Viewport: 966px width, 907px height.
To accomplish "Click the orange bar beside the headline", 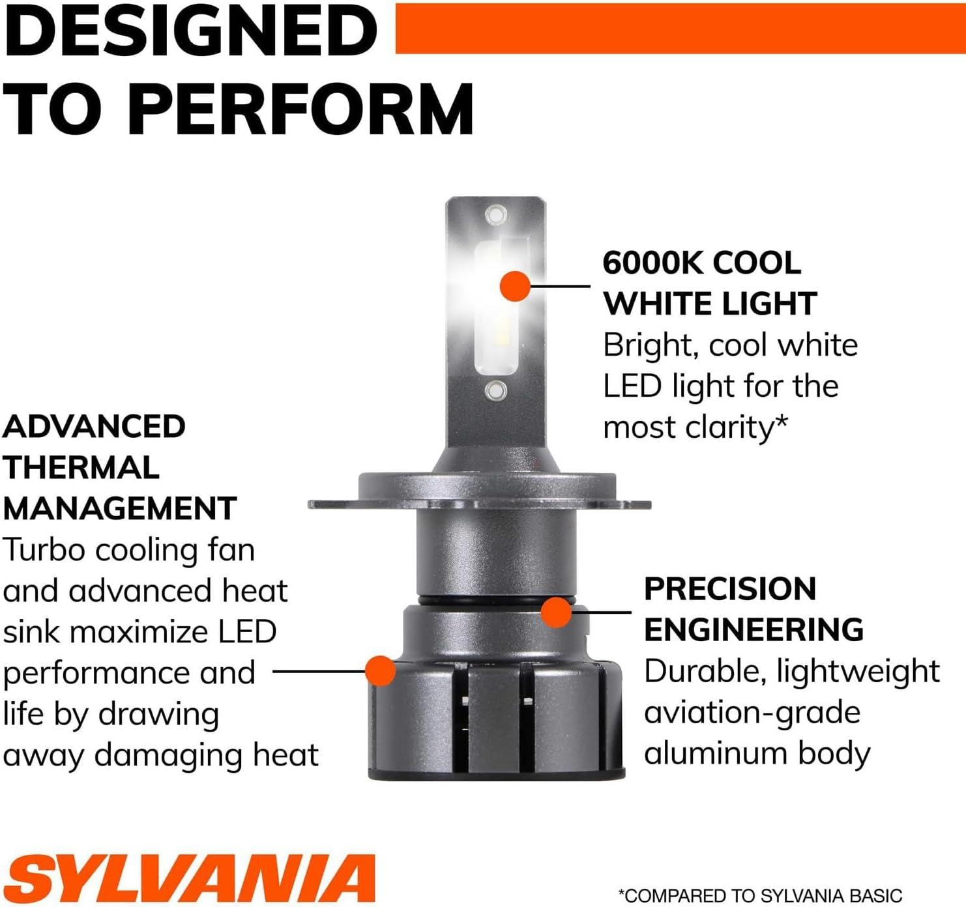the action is pos(681,28).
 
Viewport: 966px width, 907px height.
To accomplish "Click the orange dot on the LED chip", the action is pos(515,286).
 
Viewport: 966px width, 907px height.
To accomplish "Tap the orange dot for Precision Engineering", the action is pos(556,612).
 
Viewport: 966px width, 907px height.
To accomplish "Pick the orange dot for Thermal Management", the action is pos(381,671).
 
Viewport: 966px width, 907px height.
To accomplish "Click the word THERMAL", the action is pos(81,467).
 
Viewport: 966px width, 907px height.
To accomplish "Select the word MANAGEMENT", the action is pos(120,508).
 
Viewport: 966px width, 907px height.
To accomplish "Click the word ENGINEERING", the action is pos(754,629).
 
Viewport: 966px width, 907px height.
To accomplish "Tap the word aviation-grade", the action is pos(752,713).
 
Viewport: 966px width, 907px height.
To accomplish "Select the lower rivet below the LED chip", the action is pos(496,390).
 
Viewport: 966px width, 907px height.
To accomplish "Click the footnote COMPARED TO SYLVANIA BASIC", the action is pos(760,895).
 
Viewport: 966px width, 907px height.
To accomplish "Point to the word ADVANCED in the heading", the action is pos(94,426).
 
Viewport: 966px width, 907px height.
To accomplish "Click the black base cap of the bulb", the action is pos(496,773).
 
